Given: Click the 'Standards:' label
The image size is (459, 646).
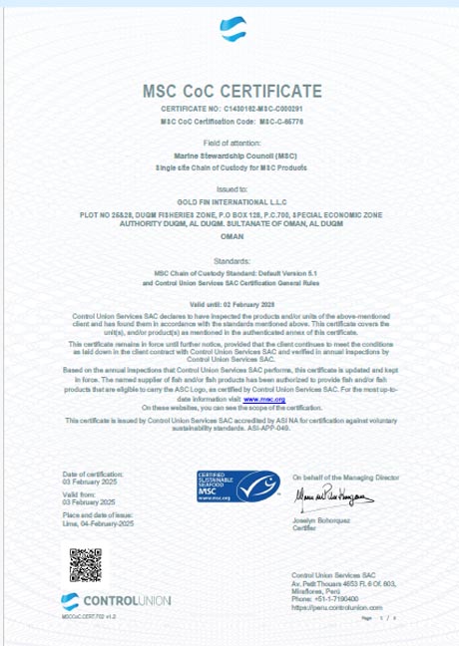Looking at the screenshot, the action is coord(230,258).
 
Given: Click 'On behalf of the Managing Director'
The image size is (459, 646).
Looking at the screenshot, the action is coord(345,478).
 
